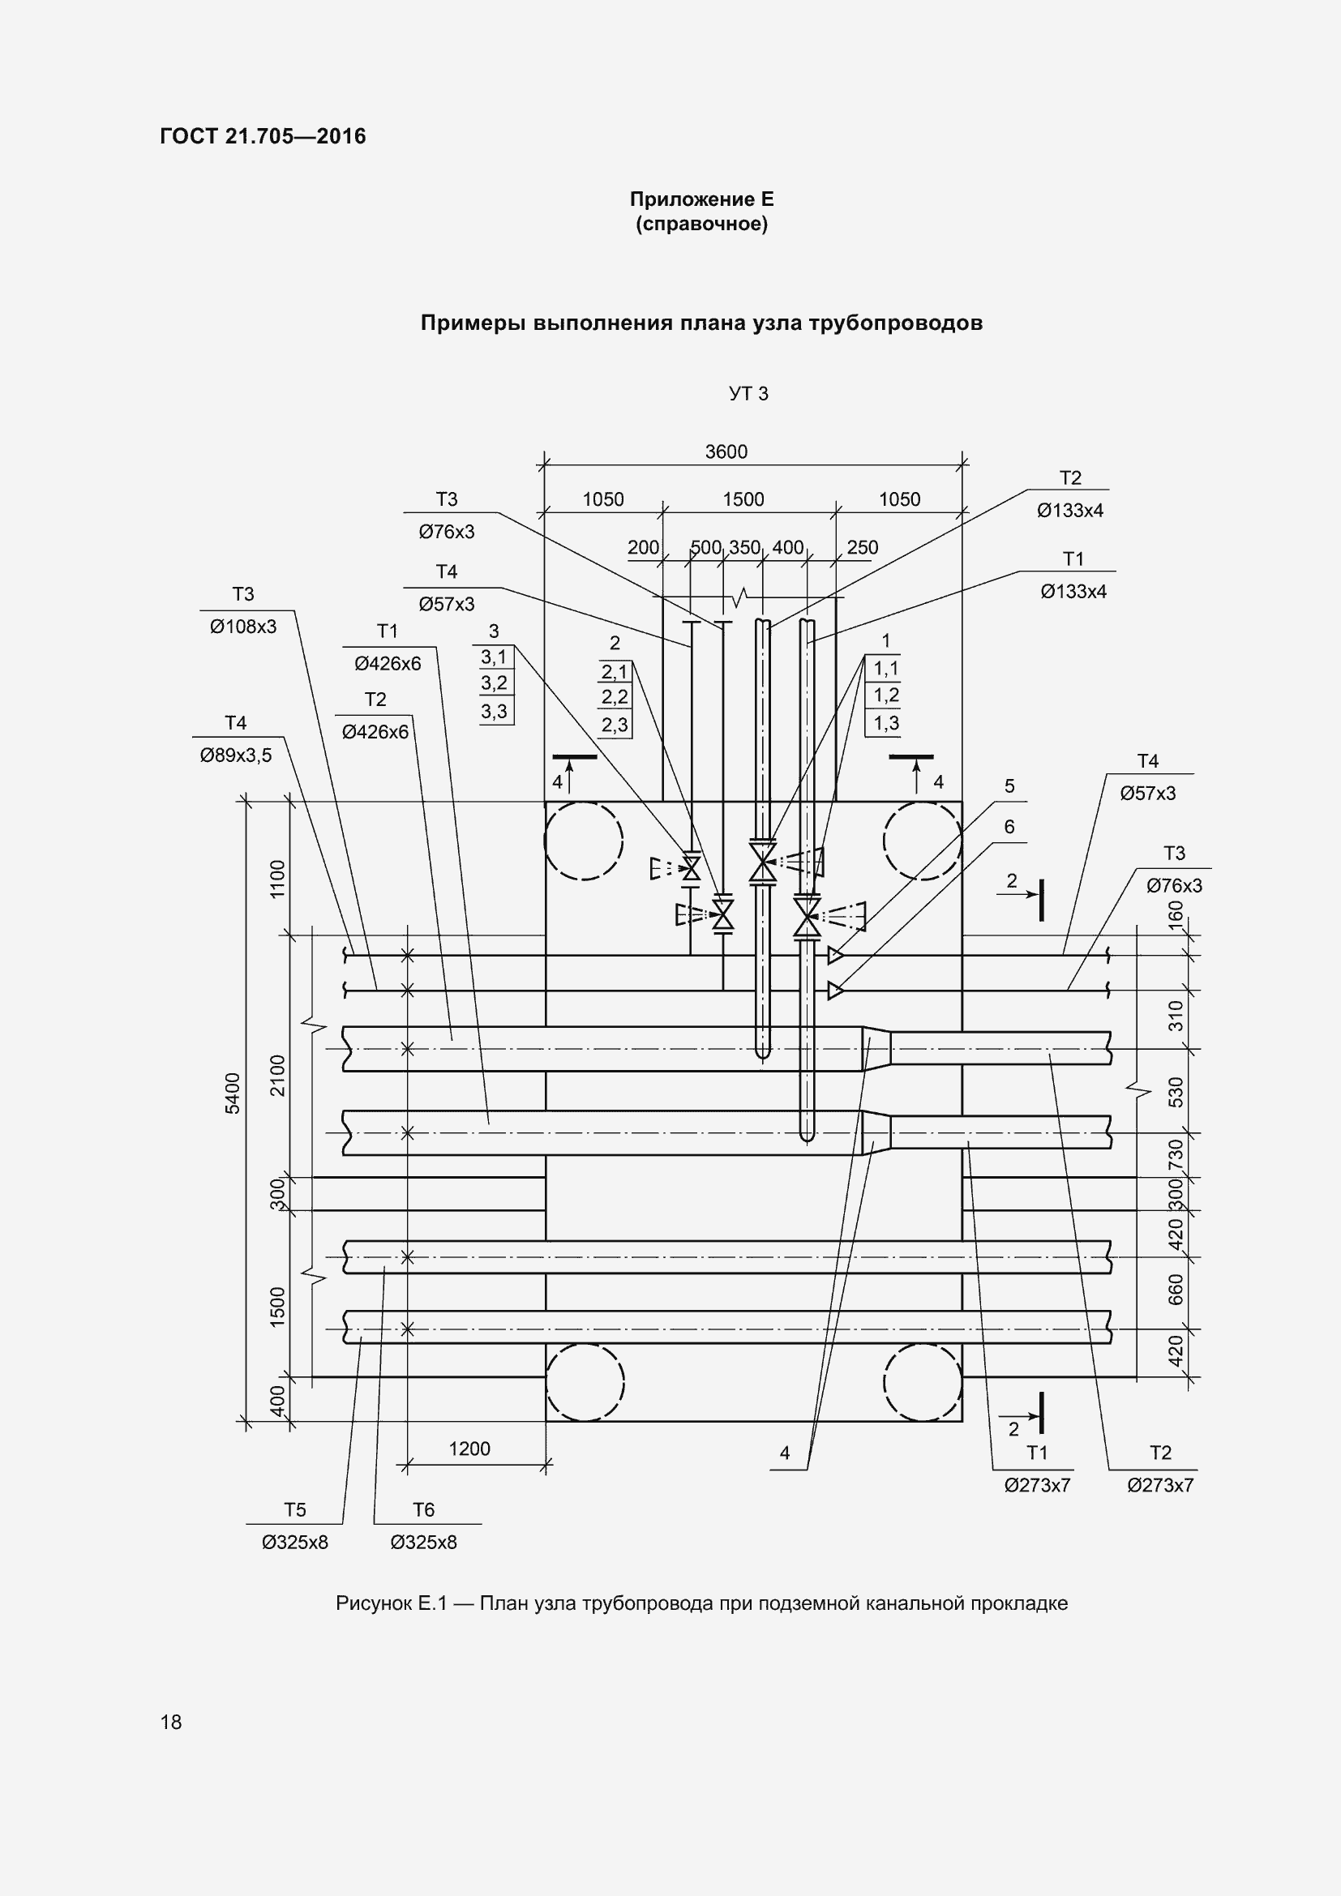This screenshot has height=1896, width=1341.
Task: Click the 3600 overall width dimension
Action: (726, 452)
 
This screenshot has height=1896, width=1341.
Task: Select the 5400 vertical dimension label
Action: (233, 1094)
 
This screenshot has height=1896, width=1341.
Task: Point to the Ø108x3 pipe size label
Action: (242, 627)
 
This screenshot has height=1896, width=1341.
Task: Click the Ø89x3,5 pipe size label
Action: (235, 755)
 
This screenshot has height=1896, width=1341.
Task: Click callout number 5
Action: (1009, 786)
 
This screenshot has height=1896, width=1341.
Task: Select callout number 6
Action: (1009, 827)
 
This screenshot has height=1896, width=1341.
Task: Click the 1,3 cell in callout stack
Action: (886, 722)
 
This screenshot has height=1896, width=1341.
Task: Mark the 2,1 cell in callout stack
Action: (615, 671)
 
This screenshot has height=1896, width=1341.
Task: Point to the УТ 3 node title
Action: (748, 394)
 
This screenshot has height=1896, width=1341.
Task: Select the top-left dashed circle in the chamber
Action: (583, 841)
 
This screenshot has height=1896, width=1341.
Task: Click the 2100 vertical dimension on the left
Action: (277, 1075)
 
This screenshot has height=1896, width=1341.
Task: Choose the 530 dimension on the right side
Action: (1176, 1092)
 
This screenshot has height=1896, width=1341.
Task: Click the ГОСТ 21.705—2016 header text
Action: (263, 136)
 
